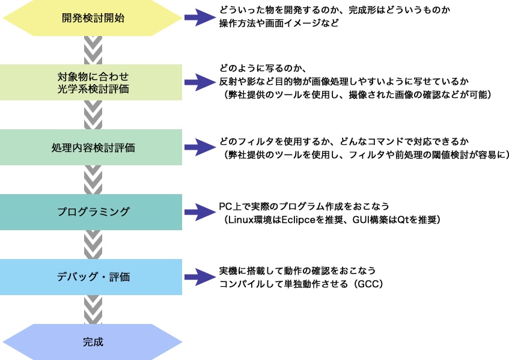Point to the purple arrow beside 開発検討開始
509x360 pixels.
pyautogui.click(x=198, y=17)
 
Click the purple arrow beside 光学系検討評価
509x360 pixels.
pyautogui.click(x=198, y=82)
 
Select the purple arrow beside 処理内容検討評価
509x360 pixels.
pyautogui.click(x=198, y=147)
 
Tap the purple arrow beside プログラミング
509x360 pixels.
pyautogui.click(x=198, y=212)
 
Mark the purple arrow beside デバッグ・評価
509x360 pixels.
pyautogui.click(x=198, y=277)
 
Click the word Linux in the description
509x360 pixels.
pyautogui.click(x=242, y=219)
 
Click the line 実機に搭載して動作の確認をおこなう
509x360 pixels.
pyautogui.click(x=297, y=271)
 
